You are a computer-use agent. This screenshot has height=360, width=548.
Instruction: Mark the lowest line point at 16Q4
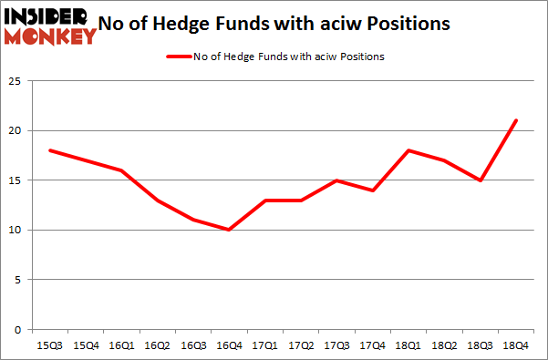click(x=228, y=230)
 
